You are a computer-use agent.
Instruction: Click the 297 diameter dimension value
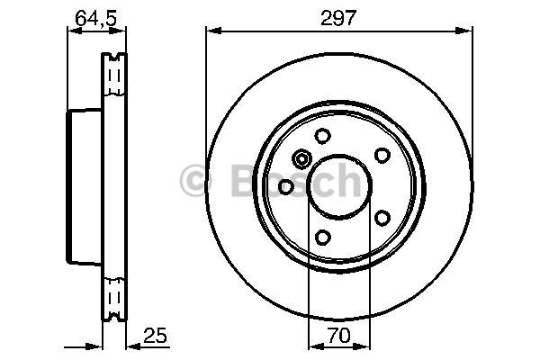click(337, 18)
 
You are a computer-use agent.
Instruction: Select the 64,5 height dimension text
click(96, 18)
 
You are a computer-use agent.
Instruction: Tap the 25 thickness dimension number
click(155, 335)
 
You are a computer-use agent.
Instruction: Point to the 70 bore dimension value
click(339, 336)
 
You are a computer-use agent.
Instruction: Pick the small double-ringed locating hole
click(301, 159)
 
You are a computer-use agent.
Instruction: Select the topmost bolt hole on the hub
click(323, 136)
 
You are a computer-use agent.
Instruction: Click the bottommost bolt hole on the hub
click(323, 238)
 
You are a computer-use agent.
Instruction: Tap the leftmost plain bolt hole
click(285, 187)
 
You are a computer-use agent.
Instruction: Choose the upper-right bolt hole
click(382, 156)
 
